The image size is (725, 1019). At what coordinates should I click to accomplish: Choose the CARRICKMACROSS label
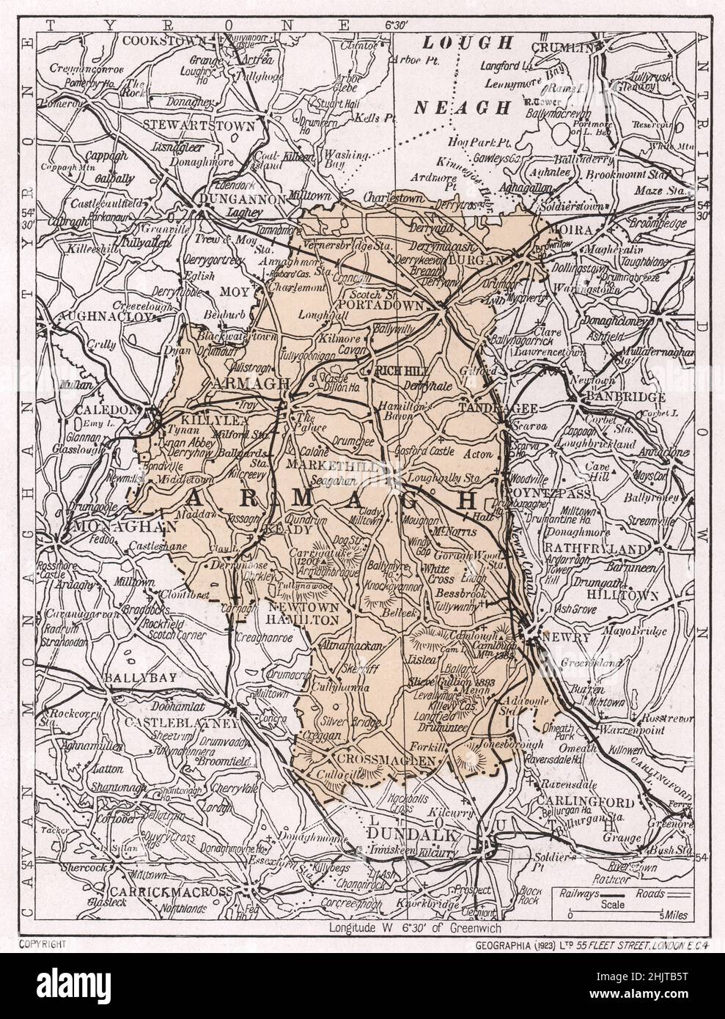point(171,891)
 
